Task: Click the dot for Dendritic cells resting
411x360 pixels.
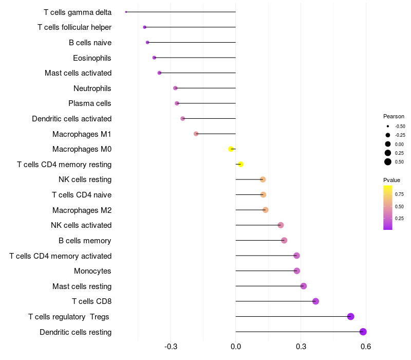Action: [363, 332]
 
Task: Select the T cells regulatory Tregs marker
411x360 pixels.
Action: [351, 316]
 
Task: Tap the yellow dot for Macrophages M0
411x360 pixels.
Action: [231, 149]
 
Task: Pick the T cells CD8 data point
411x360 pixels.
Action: [315, 301]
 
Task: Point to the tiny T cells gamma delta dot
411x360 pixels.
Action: [126, 12]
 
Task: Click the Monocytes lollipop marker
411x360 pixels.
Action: [297, 271]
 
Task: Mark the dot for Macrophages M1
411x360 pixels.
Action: [196, 134]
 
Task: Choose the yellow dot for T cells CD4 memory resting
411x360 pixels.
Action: [240, 165]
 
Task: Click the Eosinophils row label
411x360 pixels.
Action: [92, 58]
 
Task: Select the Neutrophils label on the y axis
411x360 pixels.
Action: [92, 88]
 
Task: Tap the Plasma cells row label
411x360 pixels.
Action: [90, 103]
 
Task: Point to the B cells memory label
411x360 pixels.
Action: [85, 241]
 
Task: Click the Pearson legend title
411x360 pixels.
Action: [394, 116]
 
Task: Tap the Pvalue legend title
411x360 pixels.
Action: [391, 180]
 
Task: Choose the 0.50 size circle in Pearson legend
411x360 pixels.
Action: [388, 162]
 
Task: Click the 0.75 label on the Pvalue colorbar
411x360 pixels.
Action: [399, 194]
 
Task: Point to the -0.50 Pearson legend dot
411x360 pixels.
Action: [388, 126]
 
